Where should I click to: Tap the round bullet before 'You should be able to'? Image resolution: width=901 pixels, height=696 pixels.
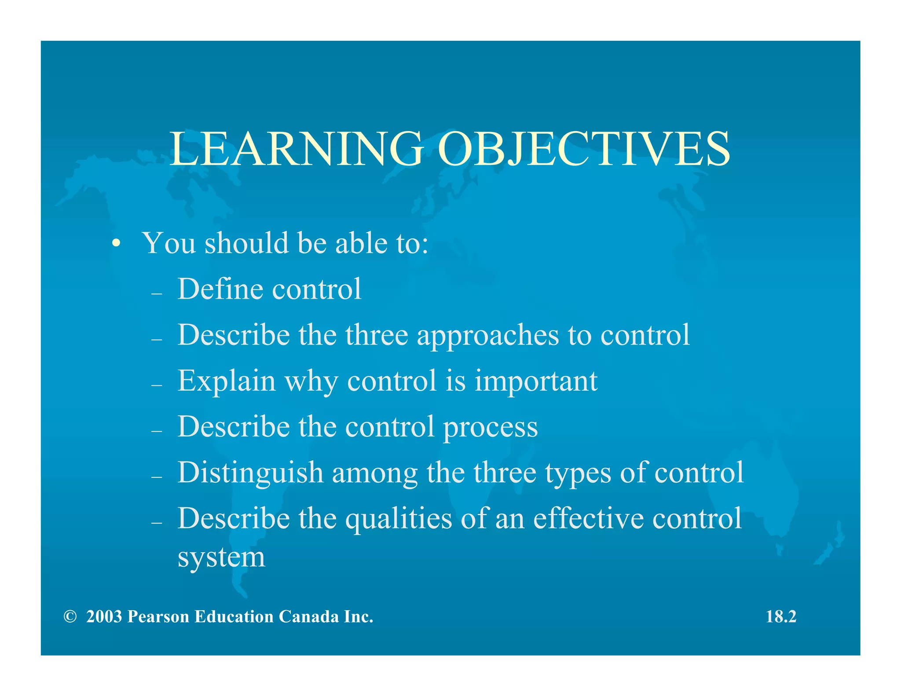click(116, 243)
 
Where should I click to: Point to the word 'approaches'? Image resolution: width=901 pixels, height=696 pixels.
click(488, 336)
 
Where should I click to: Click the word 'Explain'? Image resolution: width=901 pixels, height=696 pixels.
click(226, 381)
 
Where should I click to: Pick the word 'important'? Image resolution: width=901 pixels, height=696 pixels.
click(536, 381)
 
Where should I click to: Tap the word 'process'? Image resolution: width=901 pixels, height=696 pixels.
click(490, 428)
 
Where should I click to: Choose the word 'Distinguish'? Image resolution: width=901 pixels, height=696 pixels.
click(251, 473)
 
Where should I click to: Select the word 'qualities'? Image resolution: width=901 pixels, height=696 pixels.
click(399, 519)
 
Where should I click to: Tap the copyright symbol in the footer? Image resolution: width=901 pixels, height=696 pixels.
click(70, 617)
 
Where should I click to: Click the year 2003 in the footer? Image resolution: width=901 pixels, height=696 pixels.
click(104, 617)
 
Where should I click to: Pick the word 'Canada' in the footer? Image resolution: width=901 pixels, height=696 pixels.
click(309, 617)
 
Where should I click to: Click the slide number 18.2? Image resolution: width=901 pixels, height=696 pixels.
click(781, 617)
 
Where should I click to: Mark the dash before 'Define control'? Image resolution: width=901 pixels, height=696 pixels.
click(157, 293)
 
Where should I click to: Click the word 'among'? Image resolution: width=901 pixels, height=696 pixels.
click(374, 473)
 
